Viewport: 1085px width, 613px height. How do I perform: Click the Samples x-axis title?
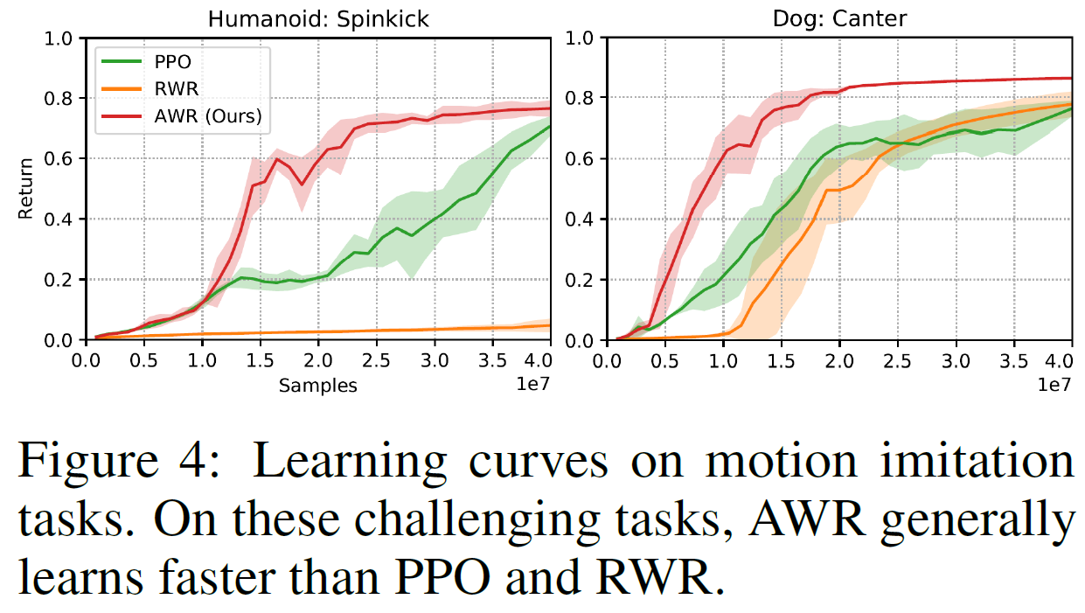(x=318, y=386)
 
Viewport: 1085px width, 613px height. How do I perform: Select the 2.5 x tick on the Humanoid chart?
(x=376, y=361)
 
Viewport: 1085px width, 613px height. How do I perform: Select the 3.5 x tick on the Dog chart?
(x=1014, y=361)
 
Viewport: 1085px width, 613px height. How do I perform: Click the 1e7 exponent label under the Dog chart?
(x=1053, y=385)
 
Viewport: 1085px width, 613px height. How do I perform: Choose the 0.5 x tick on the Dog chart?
(x=665, y=361)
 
